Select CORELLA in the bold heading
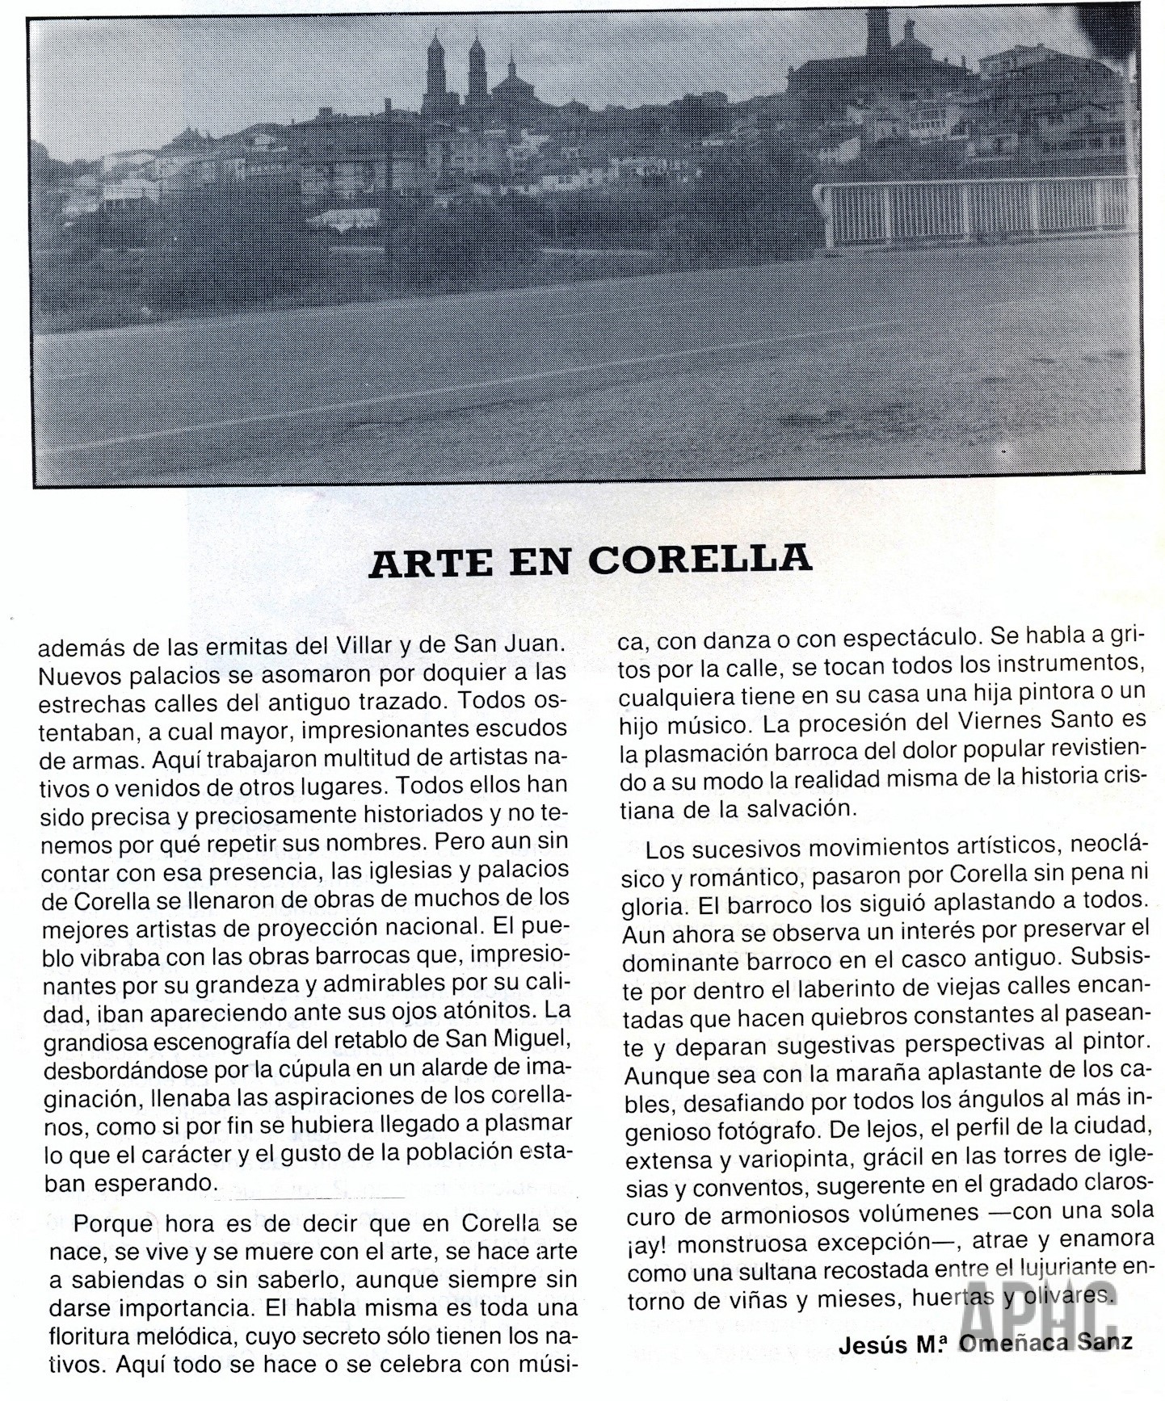700,559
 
